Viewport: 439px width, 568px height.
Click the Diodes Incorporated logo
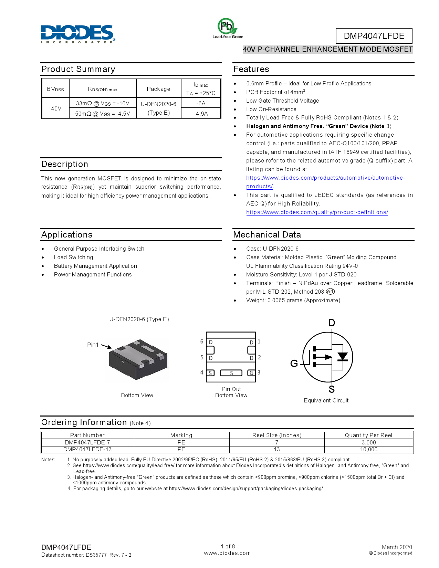pyautogui.click(x=78, y=34)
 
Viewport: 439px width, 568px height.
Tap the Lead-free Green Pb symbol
pyautogui.click(x=227, y=27)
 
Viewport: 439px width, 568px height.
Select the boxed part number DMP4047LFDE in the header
pyautogui.click(x=374, y=36)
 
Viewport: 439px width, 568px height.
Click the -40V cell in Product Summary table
pyautogui.click(x=55, y=108)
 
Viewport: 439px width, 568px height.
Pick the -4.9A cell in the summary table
pyautogui.click(x=201, y=114)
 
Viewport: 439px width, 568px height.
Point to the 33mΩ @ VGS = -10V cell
pyautogui.click(x=103, y=103)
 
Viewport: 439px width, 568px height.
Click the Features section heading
pyautogui.click(x=251, y=69)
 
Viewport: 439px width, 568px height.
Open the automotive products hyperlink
pyautogui.click(x=325, y=178)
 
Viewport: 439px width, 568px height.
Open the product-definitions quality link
pyautogui.click(x=317, y=212)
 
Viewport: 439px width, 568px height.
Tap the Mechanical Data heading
pyautogui.click(x=267, y=235)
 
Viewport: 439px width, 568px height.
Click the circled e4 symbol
pyautogui.click(x=330, y=292)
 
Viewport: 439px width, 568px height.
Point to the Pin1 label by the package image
pyautogui.click(x=93, y=345)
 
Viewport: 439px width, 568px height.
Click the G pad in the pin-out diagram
pyautogui.click(x=252, y=373)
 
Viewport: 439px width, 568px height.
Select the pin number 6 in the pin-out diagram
pyautogui.click(x=202, y=341)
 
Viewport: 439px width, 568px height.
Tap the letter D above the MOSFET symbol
pyautogui.click(x=332, y=323)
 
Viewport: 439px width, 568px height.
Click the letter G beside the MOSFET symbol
pyautogui.click(x=294, y=364)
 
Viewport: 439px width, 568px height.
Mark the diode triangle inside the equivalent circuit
pyautogui.click(x=342, y=356)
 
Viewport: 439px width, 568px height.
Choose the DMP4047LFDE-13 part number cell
pyautogui.click(x=87, y=450)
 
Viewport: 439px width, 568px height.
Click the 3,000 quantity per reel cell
pyautogui.click(x=368, y=443)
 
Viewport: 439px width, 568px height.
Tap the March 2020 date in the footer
pyautogui.click(x=397, y=547)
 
